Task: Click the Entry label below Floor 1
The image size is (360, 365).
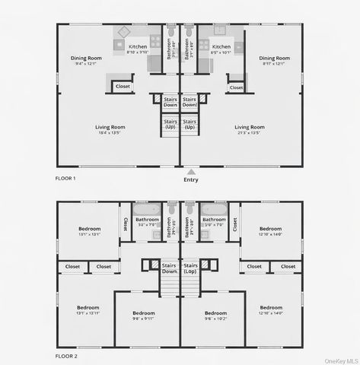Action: tap(190, 179)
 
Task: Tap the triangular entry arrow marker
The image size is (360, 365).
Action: tap(190, 172)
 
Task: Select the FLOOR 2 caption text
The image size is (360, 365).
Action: tap(67, 355)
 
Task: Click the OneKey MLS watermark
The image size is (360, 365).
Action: tap(338, 360)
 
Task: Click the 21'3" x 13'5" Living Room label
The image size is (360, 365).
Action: tap(249, 129)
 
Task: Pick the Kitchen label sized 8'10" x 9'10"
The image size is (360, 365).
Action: tap(138, 49)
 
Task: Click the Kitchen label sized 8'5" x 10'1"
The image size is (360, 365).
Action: tap(221, 49)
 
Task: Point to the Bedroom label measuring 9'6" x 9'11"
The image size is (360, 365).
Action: tap(144, 316)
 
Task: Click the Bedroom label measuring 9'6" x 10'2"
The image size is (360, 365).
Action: tap(215, 316)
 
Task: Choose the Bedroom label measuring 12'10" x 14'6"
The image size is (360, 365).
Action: tap(270, 230)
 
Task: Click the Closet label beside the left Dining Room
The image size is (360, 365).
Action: tap(123, 87)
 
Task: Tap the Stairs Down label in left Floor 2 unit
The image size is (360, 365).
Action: tap(169, 268)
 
